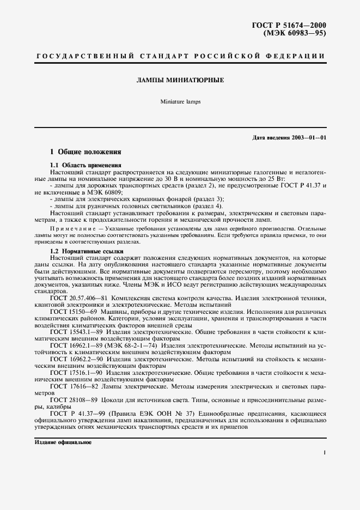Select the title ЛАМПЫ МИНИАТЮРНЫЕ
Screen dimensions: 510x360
click(x=180, y=80)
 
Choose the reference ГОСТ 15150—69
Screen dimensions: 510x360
click(x=74, y=311)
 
